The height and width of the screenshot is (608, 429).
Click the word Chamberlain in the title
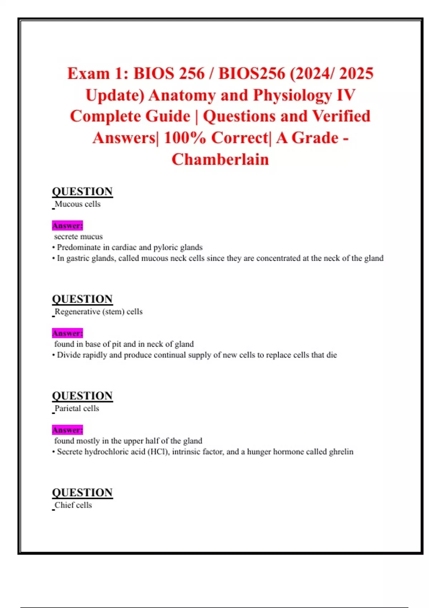pos(220,160)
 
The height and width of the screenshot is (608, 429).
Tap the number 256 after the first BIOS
pos(191,74)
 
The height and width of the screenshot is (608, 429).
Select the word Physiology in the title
pos(292,95)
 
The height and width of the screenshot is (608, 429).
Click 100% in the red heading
pos(184,138)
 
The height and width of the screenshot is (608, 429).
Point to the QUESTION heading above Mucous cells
pos(82,191)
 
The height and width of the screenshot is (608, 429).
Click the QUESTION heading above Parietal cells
pos(82,396)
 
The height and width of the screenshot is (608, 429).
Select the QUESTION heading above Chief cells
pos(82,492)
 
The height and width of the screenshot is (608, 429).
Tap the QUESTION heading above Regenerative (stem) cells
pos(82,299)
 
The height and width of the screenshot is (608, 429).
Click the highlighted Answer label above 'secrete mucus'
pos(67,226)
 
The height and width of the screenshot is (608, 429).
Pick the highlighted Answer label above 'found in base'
pos(67,333)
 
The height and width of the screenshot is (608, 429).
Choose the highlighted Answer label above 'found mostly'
pos(67,430)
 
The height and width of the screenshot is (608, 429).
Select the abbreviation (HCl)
pos(158,452)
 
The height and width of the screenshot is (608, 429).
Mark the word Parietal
pos(68,408)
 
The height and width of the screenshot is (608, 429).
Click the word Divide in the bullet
pos(69,355)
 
